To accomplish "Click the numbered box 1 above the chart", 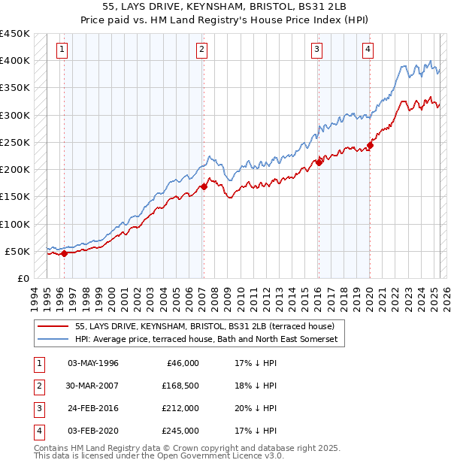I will [61, 50].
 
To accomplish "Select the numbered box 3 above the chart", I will [317, 50].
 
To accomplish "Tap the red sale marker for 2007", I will [204, 186].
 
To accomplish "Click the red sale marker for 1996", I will [64, 253].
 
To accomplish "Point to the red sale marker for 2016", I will [319, 162].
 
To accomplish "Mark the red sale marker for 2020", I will [370, 145].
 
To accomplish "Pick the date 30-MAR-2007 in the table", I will [92, 386].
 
